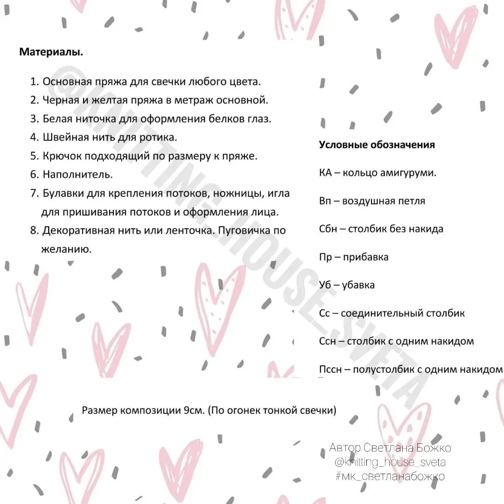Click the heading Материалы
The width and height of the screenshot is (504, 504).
(51, 52)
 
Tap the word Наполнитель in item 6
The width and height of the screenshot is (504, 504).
(77, 175)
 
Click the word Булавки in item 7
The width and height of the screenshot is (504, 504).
(62, 193)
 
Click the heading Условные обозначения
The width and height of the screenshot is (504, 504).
(377, 145)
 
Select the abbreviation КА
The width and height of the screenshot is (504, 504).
(325, 173)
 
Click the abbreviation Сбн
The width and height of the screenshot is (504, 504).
(328, 229)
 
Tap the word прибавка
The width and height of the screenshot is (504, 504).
(365, 257)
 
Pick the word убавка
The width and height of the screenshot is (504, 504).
(358, 285)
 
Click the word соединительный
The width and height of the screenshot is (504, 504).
(379, 313)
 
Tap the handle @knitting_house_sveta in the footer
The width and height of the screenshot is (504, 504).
(390, 462)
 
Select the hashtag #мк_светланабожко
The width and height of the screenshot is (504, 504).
(390, 476)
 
